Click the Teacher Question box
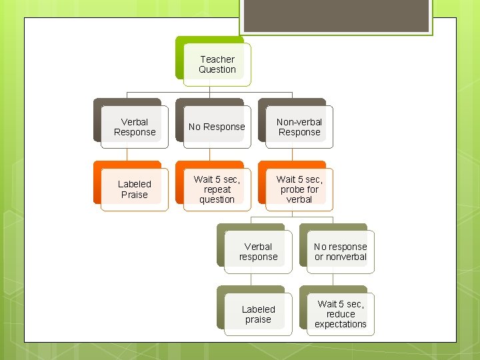[217, 65]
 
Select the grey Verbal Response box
[135, 127]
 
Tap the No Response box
[217, 127]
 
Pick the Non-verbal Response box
[299, 127]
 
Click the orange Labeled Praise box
[135, 189]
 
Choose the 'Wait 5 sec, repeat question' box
[217, 189]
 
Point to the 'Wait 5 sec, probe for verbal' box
[299, 189]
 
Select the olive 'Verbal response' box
[258, 252]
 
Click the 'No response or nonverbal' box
[341, 252]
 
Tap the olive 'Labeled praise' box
[258, 315]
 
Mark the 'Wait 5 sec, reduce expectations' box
[341, 315]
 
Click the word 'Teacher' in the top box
[217, 59]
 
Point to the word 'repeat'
[217, 189]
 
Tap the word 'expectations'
[341, 325]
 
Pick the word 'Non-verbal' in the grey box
[299, 122]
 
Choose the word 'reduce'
[341, 314]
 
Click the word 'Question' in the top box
[217, 70]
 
